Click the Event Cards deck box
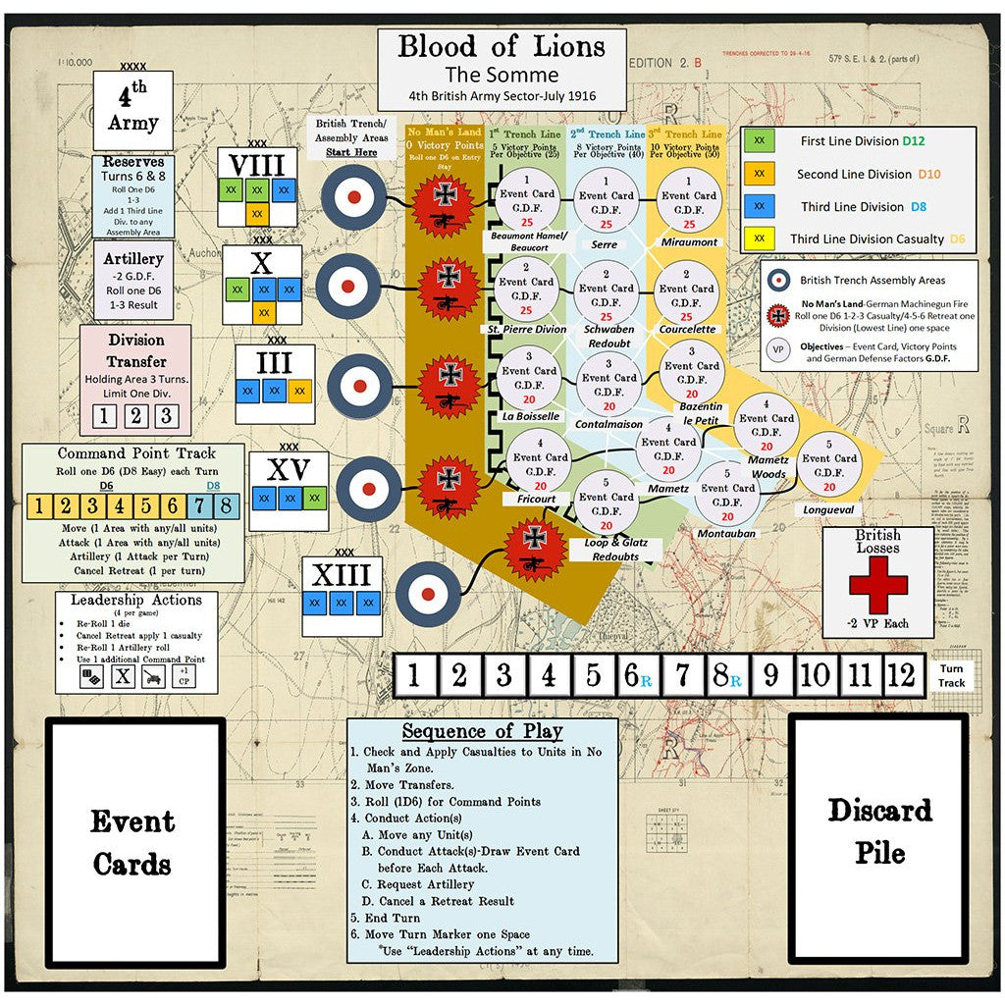[134, 842]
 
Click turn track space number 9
[769, 675]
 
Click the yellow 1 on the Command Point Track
[38, 507]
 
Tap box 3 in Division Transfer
[166, 415]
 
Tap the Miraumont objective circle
[689, 202]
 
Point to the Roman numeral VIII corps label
[257, 163]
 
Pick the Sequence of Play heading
[482, 731]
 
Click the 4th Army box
[132, 110]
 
